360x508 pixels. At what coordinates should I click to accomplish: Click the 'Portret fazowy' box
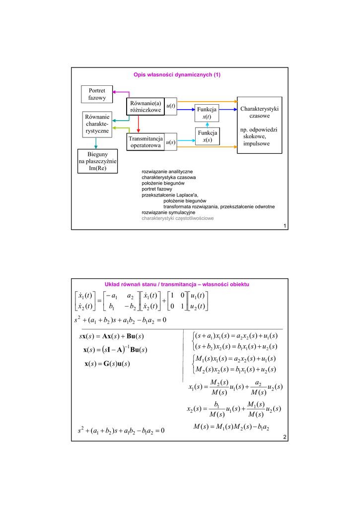[x=97, y=94]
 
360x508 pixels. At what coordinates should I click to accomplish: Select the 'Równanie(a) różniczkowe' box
[x=144, y=107]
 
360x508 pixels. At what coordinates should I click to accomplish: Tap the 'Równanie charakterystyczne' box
[x=97, y=124]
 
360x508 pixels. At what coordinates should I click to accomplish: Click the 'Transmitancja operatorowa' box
[x=145, y=142]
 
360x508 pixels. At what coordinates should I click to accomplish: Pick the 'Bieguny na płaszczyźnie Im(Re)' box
[x=97, y=161]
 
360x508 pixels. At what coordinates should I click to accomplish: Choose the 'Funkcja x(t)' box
[x=207, y=113]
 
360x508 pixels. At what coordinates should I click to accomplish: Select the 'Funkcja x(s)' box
[x=207, y=136]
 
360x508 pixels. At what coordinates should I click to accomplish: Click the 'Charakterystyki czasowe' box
[x=260, y=125]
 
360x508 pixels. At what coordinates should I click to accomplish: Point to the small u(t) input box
[x=170, y=107]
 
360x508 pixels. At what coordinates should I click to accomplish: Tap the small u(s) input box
[x=170, y=142]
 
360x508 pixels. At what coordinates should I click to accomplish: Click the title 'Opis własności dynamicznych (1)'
[x=177, y=75]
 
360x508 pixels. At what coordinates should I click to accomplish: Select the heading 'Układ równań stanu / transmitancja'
[x=177, y=284]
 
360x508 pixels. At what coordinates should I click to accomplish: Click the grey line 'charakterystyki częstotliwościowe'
[x=178, y=218]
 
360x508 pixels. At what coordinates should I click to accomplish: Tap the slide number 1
[x=285, y=226]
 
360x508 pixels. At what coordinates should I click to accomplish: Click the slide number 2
[x=285, y=437]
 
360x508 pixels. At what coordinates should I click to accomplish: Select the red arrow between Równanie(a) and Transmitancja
[x=139, y=125]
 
